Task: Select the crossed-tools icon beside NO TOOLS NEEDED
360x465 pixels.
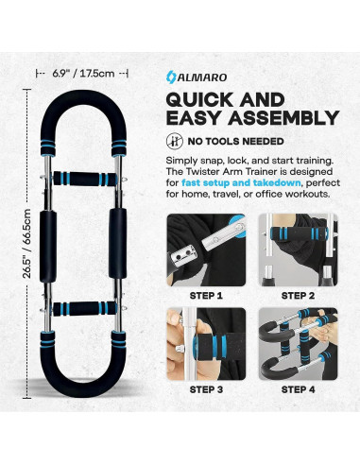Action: coord(174,140)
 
